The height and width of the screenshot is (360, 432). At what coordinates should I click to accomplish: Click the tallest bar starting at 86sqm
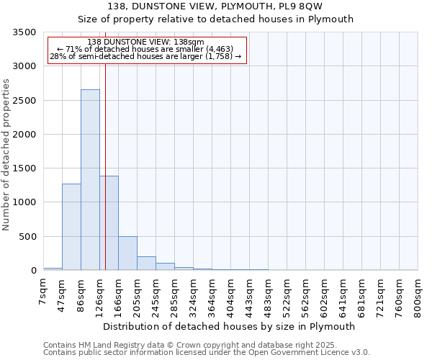pyautogui.click(x=90, y=180)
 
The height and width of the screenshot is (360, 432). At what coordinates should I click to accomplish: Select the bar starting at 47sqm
pyautogui.click(x=71, y=227)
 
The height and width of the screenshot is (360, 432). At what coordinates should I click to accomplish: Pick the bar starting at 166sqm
pyautogui.click(x=127, y=253)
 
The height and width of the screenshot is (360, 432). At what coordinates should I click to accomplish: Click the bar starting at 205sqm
pyautogui.click(x=146, y=264)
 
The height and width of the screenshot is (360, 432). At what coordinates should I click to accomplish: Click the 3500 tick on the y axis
pyautogui.click(x=24, y=32)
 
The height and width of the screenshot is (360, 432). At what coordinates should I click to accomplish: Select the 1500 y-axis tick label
pyautogui.click(x=24, y=168)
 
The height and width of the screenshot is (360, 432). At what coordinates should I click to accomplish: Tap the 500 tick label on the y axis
pyautogui.click(x=27, y=237)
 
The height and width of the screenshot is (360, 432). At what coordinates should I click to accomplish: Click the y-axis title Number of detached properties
pyautogui.click(x=6, y=156)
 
